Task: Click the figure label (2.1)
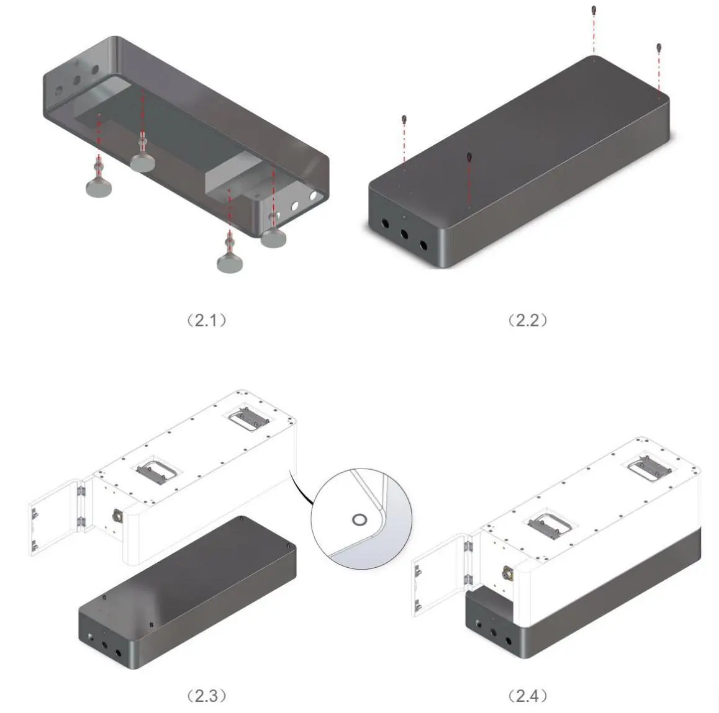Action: click(207, 320)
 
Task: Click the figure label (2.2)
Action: click(528, 320)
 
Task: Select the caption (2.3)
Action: click(207, 696)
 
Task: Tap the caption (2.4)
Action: click(528, 696)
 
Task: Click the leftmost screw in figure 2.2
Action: click(404, 119)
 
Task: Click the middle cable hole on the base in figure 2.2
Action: click(404, 234)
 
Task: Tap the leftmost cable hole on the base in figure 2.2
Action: click(385, 224)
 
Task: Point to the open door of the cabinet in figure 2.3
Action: click(55, 517)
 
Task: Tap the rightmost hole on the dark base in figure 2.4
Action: click(508, 641)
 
